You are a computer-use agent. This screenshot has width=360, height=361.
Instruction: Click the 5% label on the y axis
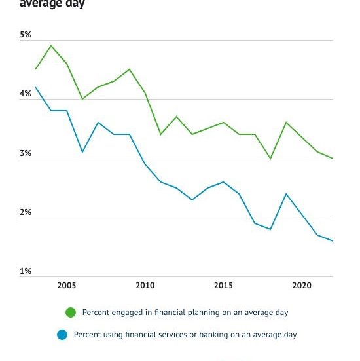pos(26,35)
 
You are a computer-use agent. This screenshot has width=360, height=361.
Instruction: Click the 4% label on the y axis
pos(26,94)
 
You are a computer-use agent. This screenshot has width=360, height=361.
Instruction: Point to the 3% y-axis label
pos(26,153)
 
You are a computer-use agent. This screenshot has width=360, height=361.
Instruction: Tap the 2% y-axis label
pos(26,212)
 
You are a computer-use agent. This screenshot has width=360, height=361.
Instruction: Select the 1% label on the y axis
pos(26,271)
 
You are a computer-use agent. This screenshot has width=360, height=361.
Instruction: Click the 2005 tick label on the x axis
pos(66,286)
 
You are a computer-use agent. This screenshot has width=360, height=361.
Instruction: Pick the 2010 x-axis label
pos(145,286)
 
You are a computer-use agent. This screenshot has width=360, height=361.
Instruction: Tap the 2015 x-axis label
pos(223,286)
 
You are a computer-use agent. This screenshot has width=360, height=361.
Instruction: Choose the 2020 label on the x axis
pos(302,286)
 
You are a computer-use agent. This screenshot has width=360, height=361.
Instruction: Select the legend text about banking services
pos(185,335)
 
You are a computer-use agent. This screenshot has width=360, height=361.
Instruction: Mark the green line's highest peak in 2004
pos(51,46)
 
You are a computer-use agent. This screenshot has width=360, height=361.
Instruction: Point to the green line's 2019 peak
pos(286,123)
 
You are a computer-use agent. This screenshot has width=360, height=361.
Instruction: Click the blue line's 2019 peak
pos(286,194)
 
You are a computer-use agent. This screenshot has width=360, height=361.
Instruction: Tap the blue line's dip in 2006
pos(82,152)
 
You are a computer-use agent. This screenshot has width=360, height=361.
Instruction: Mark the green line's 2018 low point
pos(270,159)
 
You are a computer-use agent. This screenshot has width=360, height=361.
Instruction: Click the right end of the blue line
pos(333,241)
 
